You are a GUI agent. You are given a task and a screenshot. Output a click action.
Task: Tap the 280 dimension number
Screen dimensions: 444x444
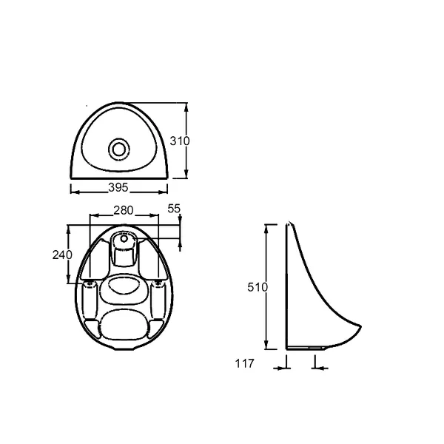tap(123, 210)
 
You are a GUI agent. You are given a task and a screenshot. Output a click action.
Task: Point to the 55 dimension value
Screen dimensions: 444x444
tap(174, 209)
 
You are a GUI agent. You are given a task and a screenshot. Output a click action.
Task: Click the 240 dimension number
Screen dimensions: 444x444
tap(62, 255)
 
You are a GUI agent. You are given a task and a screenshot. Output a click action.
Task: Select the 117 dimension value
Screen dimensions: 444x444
tap(245, 363)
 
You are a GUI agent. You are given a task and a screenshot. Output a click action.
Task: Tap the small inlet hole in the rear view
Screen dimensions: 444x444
tap(123, 239)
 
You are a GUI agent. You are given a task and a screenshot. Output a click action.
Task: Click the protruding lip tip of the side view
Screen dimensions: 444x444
tap(362, 330)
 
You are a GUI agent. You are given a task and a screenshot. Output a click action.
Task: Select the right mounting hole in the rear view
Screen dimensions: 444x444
tap(158, 283)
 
